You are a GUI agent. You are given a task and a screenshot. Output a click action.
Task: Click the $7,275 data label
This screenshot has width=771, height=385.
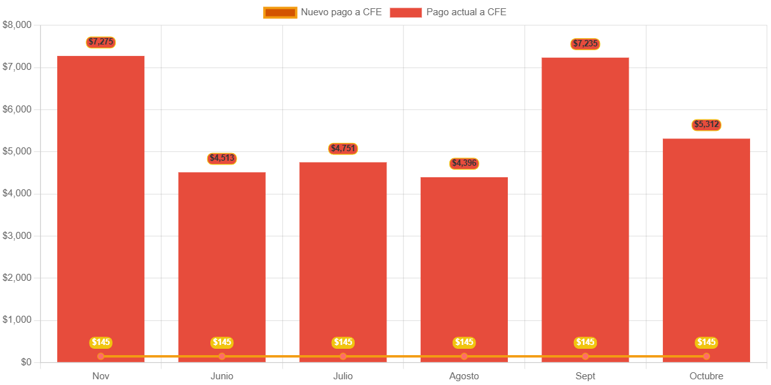(x=100, y=42)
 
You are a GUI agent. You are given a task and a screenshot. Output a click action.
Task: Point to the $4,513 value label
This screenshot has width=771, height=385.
(x=222, y=158)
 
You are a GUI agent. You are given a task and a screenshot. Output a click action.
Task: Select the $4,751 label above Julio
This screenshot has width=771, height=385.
(x=343, y=149)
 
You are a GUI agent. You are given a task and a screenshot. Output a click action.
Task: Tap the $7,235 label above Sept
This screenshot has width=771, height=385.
(x=585, y=44)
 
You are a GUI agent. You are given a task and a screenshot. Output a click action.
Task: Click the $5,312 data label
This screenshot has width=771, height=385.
(x=706, y=125)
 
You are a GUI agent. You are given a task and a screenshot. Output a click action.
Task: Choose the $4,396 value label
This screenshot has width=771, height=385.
(x=464, y=163)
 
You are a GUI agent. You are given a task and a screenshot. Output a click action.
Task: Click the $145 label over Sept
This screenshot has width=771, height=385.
(x=585, y=342)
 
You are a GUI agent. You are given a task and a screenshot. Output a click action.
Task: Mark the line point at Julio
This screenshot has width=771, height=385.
(x=343, y=356)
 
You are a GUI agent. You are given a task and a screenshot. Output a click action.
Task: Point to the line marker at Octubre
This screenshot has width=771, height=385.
(x=706, y=356)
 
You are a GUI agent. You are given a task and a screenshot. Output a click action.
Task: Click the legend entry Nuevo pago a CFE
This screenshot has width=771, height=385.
(x=323, y=12)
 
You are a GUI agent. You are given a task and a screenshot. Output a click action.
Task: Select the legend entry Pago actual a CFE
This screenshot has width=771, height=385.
(x=448, y=12)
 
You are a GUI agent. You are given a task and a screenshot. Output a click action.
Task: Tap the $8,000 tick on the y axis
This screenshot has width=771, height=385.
(x=17, y=25)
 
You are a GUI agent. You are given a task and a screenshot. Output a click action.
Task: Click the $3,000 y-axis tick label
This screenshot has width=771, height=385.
(x=17, y=236)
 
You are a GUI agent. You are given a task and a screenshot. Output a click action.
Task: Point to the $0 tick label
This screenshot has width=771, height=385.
(x=26, y=362)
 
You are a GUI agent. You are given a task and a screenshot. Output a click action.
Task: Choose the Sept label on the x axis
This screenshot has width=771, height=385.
(x=585, y=376)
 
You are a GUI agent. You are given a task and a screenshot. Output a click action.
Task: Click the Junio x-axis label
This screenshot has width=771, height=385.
(x=222, y=376)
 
